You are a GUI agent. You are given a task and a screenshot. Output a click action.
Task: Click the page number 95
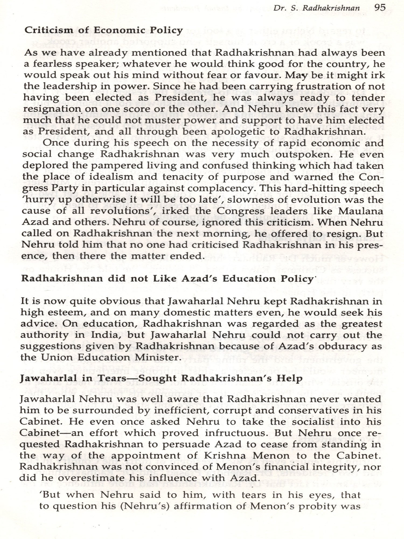380,7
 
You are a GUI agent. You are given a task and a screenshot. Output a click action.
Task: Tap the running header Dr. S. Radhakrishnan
316,8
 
